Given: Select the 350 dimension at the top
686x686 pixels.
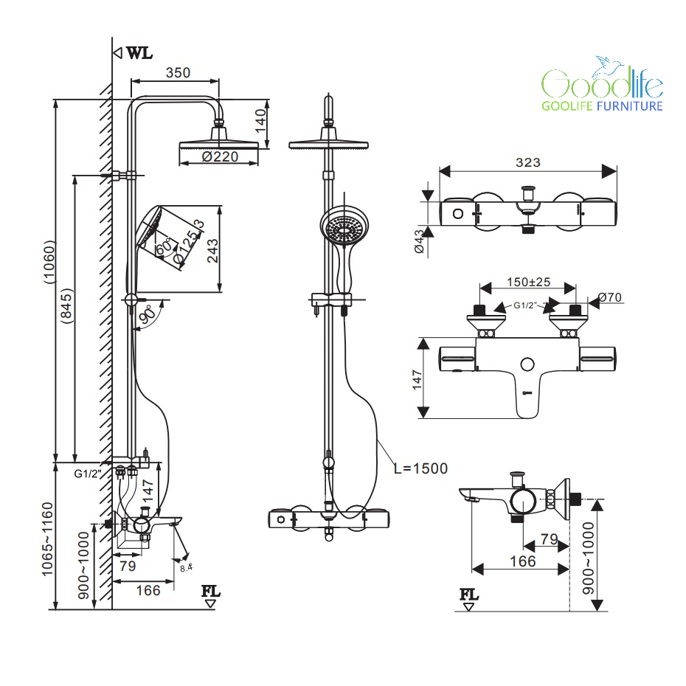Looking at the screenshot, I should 178,72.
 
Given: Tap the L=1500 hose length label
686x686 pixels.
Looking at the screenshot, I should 420,468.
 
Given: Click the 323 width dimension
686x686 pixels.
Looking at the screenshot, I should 528,162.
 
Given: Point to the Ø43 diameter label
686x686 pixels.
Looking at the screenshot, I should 420,242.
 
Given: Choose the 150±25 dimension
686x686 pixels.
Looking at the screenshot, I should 527,282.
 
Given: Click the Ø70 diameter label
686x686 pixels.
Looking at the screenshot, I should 610,298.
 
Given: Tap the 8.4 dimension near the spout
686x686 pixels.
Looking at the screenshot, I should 186,567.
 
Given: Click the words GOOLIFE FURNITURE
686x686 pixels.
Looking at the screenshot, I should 603,106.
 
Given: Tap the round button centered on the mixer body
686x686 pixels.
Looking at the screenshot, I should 527,364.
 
